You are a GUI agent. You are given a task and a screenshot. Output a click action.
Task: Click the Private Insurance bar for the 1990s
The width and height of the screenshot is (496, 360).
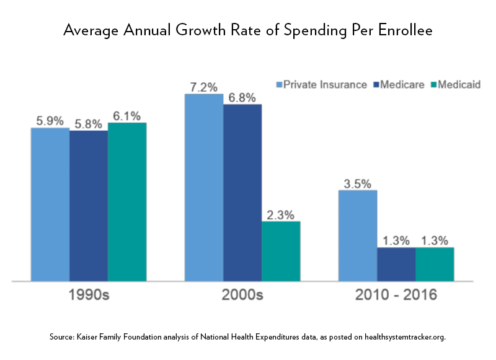50,204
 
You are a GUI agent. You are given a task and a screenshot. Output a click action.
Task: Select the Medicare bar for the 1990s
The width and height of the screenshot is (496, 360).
89,206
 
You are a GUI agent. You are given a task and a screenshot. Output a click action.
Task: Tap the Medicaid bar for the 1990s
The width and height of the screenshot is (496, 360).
127,202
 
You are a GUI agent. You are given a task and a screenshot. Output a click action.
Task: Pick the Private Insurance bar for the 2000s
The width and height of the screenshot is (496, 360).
204,188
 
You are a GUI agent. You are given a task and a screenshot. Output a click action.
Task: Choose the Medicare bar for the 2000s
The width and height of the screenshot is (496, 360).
242,193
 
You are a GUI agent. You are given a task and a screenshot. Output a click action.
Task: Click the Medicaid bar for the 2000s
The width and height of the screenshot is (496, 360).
281,251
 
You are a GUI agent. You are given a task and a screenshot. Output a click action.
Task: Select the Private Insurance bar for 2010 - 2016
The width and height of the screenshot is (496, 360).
358,235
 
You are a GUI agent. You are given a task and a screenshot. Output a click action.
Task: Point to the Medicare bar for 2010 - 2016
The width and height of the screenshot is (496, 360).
396,265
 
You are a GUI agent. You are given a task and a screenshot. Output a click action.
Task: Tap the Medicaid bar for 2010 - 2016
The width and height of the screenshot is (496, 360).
435,265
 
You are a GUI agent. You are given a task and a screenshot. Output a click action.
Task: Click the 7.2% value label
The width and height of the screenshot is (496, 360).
204,87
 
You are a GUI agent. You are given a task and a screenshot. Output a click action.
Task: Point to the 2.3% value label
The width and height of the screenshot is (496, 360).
281,214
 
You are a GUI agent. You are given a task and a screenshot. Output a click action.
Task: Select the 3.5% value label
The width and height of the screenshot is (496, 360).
358,183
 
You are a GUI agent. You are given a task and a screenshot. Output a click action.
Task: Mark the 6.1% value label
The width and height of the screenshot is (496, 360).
127,116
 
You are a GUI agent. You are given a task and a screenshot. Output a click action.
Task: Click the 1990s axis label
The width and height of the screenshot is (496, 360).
89,295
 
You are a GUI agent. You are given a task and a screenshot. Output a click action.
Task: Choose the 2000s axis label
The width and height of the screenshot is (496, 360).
242,295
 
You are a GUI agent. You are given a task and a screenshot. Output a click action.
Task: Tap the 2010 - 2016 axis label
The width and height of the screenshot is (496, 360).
396,295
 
